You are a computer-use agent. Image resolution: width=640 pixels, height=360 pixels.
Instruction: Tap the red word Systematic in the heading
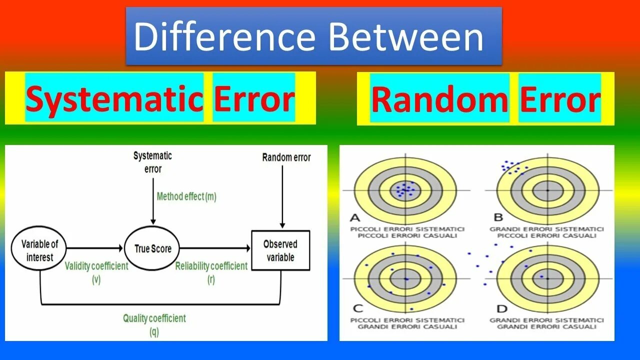point(114,98)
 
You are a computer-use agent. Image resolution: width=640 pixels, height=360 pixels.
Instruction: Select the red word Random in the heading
point(439,99)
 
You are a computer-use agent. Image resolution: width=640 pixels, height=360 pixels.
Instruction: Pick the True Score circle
point(153,248)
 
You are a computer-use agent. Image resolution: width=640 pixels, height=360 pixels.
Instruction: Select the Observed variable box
point(280,250)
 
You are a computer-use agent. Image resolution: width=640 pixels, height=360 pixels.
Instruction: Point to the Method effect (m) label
point(186,196)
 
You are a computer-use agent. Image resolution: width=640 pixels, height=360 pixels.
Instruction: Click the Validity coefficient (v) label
point(96,272)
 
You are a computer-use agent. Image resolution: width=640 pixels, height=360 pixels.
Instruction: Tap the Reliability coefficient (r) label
point(211,272)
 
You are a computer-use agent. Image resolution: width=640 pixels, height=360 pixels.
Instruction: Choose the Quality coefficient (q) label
point(154,324)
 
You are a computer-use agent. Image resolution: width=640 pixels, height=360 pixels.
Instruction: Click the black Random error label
point(286,157)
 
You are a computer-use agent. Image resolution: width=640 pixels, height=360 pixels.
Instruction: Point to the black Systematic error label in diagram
point(152,162)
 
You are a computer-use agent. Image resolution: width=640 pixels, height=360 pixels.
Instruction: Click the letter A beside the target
point(355,217)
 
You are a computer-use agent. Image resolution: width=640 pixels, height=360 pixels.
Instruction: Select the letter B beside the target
point(498,217)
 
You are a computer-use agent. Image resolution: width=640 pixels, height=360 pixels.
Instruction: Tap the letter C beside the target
point(357,308)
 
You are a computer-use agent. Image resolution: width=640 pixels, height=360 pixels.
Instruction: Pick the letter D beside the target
point(501,308)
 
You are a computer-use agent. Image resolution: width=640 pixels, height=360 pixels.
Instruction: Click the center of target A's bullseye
point(405,190)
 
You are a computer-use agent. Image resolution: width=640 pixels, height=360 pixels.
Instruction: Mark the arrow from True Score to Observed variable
point(215,248)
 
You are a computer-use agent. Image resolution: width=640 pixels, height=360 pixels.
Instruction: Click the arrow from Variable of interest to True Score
point(95,248)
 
